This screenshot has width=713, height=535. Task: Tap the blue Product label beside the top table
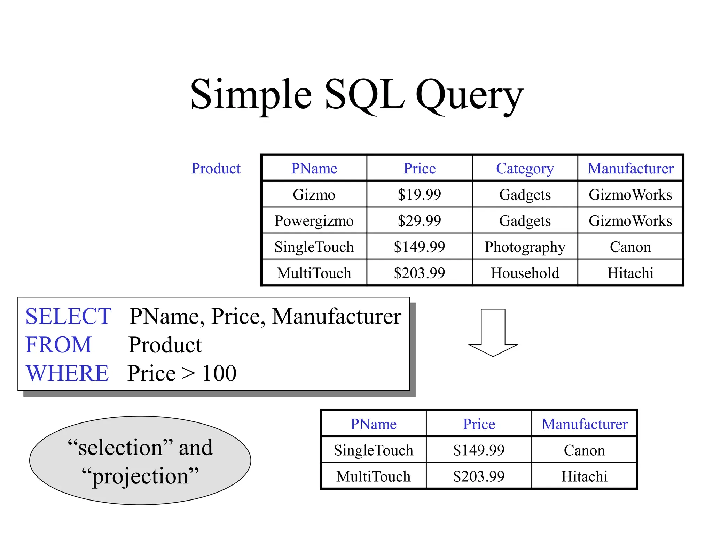click(216, 169)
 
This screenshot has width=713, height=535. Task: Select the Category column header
click(525, 169)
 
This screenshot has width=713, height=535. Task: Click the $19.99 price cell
click(419, 194)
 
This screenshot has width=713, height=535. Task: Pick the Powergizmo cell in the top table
click(314, 221)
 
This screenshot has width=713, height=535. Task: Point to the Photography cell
click(525, 247)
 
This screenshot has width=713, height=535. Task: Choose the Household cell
click(525, 273)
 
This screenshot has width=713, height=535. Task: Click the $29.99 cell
click(419, 221)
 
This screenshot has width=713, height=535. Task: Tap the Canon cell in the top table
click(630, 247)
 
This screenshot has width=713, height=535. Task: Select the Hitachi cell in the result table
click(584, 476)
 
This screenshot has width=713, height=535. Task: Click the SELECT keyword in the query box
click(68, 316)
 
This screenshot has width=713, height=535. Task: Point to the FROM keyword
click(58, 345)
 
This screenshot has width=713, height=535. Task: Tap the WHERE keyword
click(67, 373)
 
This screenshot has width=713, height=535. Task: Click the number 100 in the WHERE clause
click(219, 373)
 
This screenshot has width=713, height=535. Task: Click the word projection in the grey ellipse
click(140, 476)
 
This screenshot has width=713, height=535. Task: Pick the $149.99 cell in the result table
click(479, 450)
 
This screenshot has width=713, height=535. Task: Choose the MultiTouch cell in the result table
click(373, 476)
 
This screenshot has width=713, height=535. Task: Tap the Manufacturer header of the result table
click(584, 424)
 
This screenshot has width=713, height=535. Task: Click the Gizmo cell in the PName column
click(314, 194)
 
